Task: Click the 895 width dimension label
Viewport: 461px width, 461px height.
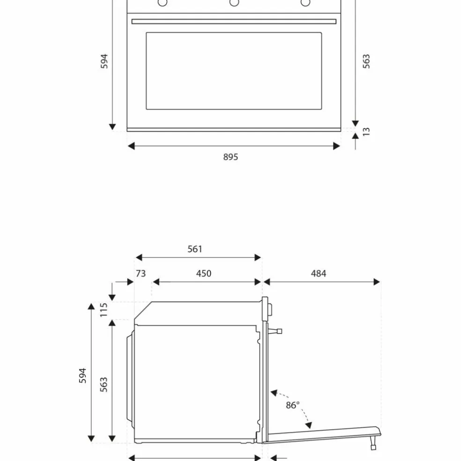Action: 230,157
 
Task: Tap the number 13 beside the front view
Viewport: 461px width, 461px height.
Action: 366,132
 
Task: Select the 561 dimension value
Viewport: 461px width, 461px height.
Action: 194,249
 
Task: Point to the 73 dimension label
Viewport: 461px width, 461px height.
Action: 141,274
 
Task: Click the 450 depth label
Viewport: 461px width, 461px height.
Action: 204,274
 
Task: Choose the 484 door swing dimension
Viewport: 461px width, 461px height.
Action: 319,274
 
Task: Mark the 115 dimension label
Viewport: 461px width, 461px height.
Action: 104,310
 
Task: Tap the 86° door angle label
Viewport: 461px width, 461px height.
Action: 292,405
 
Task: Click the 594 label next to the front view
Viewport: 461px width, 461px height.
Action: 104,61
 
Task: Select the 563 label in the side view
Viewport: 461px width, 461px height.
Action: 104,385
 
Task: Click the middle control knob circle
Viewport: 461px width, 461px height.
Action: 234,2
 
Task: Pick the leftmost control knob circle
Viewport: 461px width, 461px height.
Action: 162,2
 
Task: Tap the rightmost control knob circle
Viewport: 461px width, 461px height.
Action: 305,2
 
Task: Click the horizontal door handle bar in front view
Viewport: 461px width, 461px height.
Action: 234,22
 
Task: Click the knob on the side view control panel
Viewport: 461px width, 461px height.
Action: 269,309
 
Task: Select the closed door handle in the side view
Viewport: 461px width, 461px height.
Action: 275,331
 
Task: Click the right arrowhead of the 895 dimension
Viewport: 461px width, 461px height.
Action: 337,146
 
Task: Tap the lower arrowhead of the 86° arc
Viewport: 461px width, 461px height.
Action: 308,425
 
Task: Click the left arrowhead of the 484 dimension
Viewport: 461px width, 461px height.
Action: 267,282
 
